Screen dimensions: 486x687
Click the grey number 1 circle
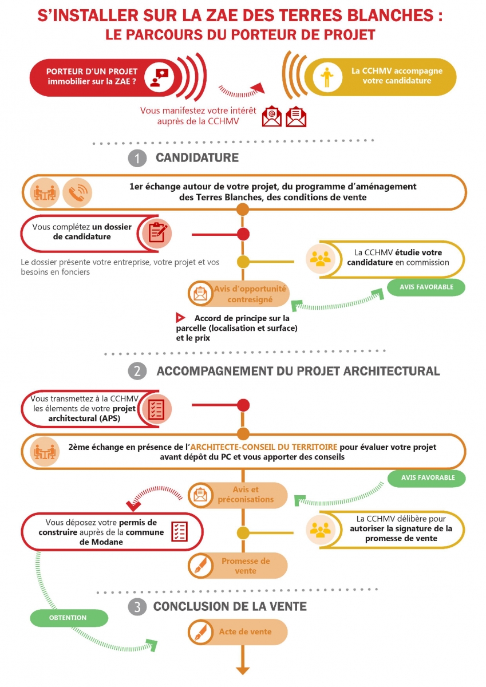click(x=137, y=158)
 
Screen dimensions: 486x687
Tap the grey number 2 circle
click(x=137, y=371)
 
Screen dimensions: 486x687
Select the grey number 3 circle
click(x=137, y=607)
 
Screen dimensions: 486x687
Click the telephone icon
click(x=77, y=192)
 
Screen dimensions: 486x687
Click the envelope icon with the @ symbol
click(x=272, y=116)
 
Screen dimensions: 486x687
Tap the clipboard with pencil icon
click(x=157, y=233)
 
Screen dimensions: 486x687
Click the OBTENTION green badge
click(x=69, y=618)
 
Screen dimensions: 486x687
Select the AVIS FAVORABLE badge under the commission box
click(x=426, y=287)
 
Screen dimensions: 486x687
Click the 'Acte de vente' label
click(x=246, y=631)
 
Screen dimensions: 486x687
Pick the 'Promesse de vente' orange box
click(x=238, y=566)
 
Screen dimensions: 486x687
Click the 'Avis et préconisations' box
click(x=238, y=495)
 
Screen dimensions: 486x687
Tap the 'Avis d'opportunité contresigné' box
click(x=239, y=294)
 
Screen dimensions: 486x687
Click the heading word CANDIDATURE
click(x=197, y=157)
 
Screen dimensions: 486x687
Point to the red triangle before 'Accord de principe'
click(x=180, y=318)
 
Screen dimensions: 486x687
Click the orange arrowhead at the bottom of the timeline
click(x=243, y=671)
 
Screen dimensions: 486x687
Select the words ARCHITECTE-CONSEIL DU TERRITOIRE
click(x=264, y=447)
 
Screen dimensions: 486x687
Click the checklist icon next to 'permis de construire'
click(x=179, y=531)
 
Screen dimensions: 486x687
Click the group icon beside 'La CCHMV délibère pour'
click(x=321, y=530)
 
